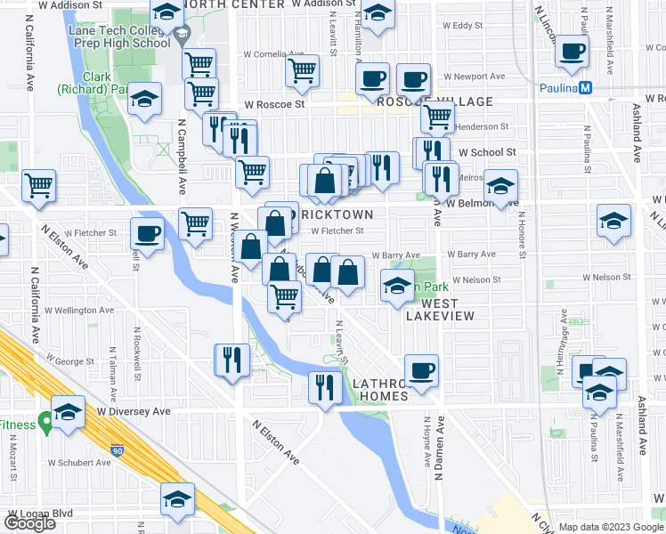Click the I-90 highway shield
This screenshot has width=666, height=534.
[118, 451]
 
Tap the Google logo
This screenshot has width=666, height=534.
[28, 523]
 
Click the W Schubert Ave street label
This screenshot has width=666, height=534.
[80, 463]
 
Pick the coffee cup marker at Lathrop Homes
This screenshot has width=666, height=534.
[420, 368]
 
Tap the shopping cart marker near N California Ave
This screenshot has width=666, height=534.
[39, 185]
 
